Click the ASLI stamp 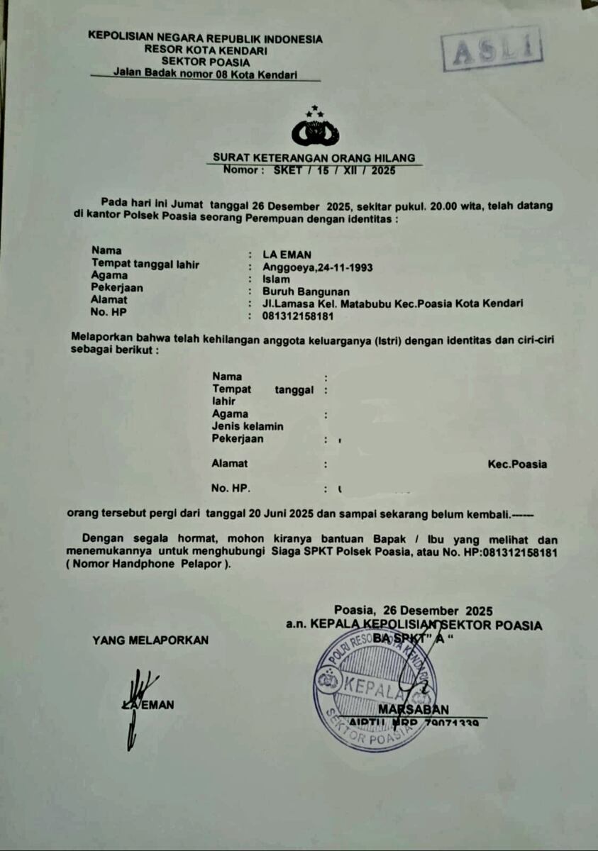491,49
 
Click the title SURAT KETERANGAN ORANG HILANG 314,158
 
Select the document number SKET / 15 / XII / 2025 334,170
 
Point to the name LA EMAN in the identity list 287,255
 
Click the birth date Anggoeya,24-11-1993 317,267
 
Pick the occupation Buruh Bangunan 306,291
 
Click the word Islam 276,279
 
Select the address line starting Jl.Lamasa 392,304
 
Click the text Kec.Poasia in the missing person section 517,465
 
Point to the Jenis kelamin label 248,426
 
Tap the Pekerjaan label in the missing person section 238,439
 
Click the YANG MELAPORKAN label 150,640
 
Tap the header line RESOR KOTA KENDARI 205,51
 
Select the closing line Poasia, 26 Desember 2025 414,611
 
